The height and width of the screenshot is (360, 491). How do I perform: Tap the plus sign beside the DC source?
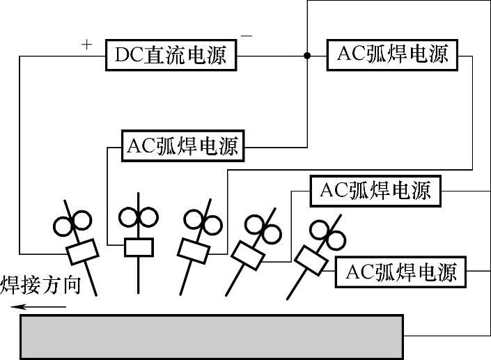86,45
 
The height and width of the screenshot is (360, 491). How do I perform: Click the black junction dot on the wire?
306,55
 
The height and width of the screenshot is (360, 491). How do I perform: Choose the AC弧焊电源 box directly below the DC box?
182,146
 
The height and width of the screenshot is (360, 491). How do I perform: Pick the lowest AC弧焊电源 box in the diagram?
400,272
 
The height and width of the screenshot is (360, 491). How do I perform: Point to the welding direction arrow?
42,306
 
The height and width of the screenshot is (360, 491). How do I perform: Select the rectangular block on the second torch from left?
139,246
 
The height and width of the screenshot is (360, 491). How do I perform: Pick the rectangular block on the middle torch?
194,248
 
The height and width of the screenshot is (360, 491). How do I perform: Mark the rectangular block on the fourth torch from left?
247,255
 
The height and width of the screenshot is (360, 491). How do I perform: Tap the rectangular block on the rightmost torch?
311,260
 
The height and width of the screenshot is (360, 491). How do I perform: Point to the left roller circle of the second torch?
129,217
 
